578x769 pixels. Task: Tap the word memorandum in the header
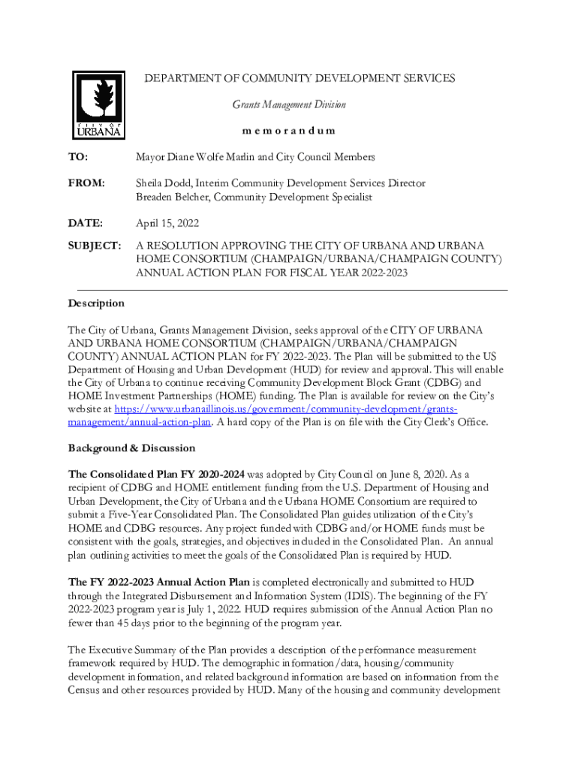tap(289, 131)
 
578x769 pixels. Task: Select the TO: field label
tap(78, 158)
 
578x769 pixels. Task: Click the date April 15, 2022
tap(167, 223)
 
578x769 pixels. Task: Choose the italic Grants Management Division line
tap(289, 104)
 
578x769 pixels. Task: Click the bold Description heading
tap(96, 303)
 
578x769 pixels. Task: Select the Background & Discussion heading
tap(131, 448)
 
